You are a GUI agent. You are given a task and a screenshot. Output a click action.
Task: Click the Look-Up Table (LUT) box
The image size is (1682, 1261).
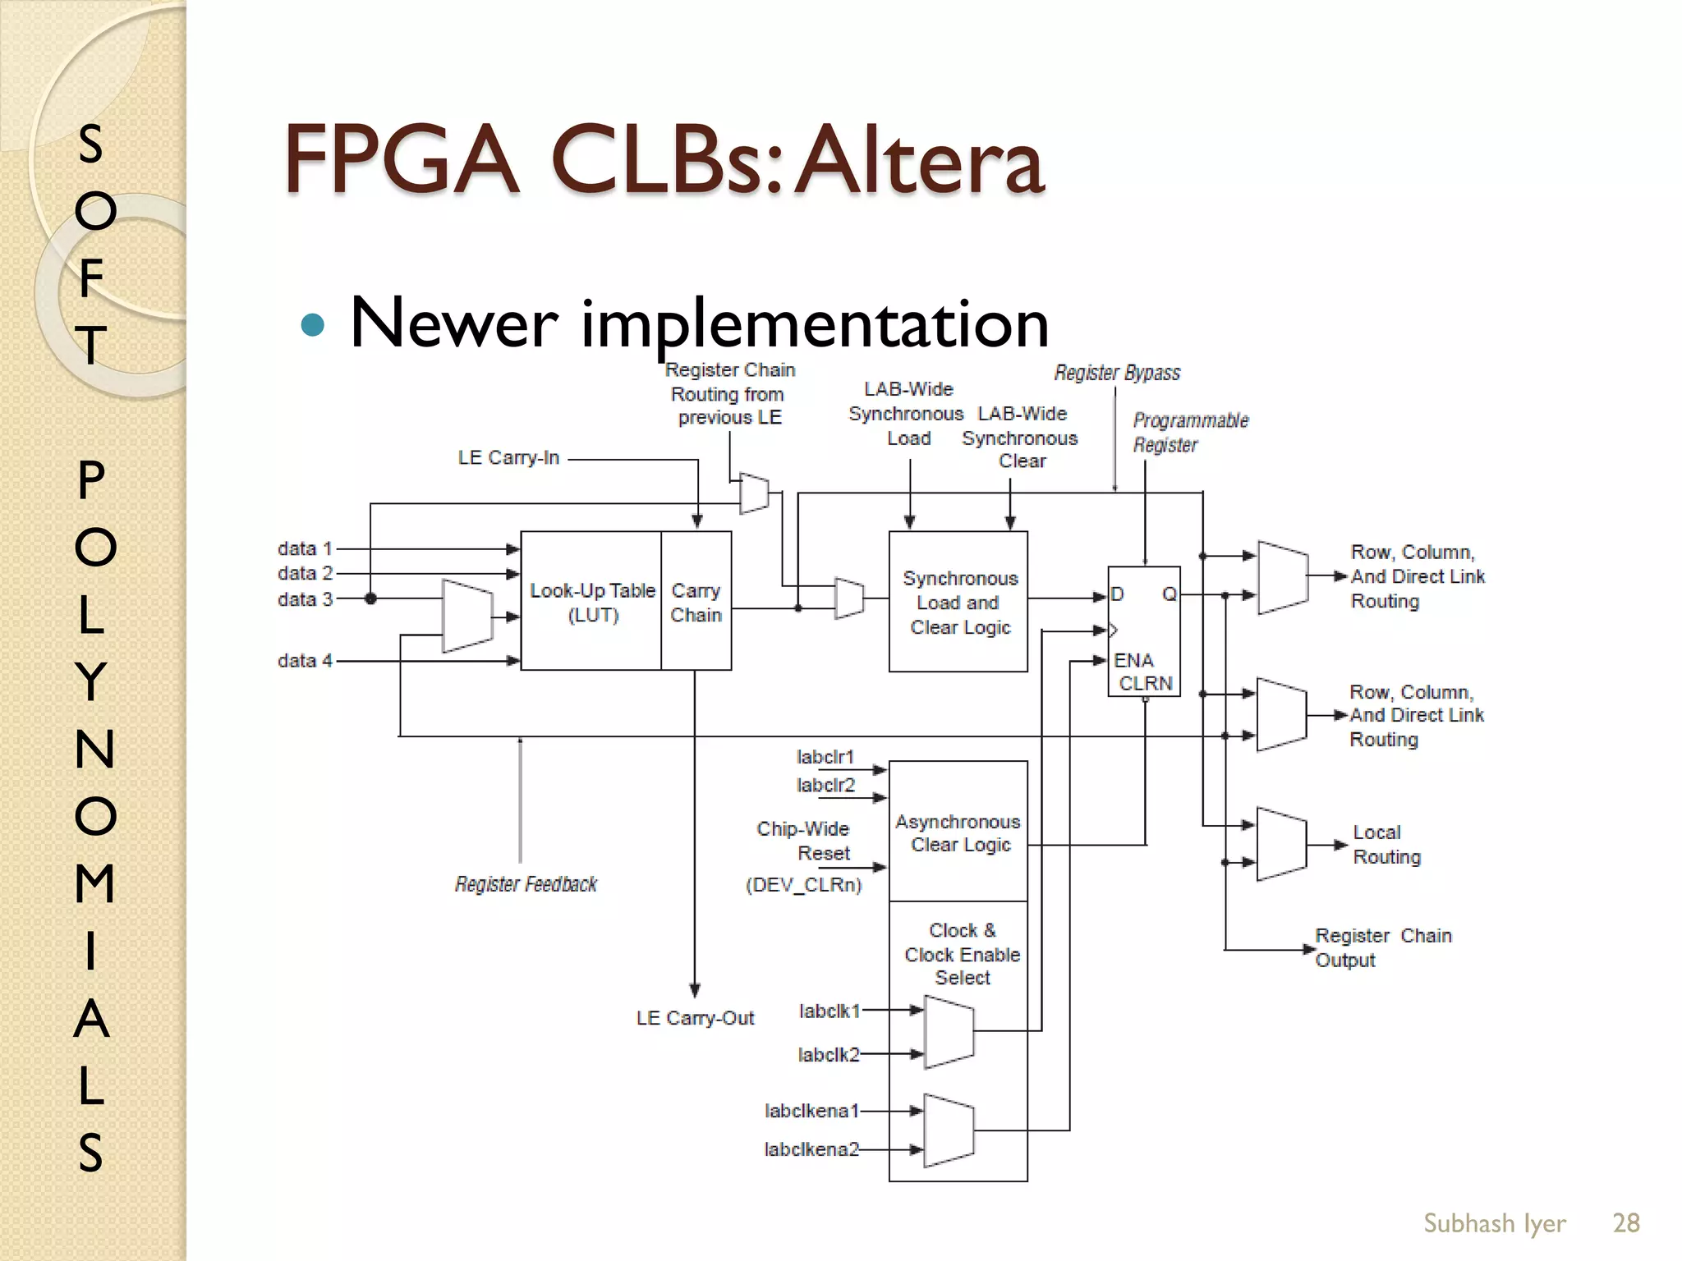pyautogui.click(x=591, y=602)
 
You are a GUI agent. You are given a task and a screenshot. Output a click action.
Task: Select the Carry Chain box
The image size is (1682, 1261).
pyautogui.click(x=696, y=602)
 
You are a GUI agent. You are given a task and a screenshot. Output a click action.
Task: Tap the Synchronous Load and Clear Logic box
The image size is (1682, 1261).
pyautogui.click(x=958, y=602)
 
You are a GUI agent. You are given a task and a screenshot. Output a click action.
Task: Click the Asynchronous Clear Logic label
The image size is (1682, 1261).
pyautogui.click(x=958, y=832)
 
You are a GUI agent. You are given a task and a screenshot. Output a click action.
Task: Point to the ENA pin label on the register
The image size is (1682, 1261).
pyautogui.click(x=1133, y=660)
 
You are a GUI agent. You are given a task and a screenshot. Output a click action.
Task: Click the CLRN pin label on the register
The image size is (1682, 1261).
pyautogui.click(x=1146, y=683)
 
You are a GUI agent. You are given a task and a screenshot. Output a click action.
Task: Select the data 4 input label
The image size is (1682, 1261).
pyautogui.click(x=305, y=660)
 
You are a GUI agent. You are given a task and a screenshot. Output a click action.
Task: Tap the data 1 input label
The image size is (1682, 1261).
pyautogui.click(x=305, y=548)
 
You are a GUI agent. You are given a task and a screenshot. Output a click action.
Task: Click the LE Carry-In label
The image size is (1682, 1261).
pyautogui.click(x=508, y=457)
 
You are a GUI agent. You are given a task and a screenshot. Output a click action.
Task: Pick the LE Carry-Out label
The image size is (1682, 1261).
pyautogui.click(x=695, y=1018)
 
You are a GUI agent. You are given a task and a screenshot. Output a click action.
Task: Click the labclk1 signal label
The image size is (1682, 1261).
pyautogui.click(x=829, y=1011)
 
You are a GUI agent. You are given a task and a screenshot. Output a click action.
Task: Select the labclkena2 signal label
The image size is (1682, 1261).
pyautogui.click(x=811, y=1149)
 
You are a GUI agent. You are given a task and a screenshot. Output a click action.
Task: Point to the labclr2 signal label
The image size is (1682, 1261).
pyautogui.click(x=825, y=785)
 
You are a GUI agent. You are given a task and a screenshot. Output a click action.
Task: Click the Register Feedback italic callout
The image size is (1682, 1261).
pyautogui.click(x=526, y=884)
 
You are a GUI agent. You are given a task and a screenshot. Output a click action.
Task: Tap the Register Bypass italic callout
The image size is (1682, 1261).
pyautogui.click(x=1117, y=373)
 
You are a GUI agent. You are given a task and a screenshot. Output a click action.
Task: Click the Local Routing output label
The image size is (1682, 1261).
pyautogui.click(x=1386, y=844)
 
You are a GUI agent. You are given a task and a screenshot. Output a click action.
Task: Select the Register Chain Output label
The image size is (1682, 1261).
pyautogui.click(x=1382, y=947)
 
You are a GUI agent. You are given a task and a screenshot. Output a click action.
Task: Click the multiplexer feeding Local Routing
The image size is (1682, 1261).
pyautogui.click(x=1281, y=844)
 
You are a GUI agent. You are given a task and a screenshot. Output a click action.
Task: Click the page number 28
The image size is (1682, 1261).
pyautogui.click(x=1625, y=1222)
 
